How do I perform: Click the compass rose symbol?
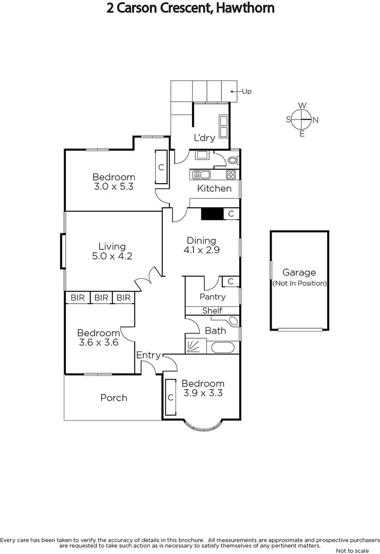302,120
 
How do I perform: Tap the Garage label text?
299,272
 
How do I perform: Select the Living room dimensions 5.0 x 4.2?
112,256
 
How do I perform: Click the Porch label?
113,398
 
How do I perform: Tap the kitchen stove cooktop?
231,174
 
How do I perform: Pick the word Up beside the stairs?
246,92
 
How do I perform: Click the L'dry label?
204,137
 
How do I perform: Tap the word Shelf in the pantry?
212,310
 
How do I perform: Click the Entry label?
148,355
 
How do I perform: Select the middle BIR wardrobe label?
101,298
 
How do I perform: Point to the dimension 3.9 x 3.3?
203,393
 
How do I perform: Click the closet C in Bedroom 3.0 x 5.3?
161,167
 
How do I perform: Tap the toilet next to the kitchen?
232,160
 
